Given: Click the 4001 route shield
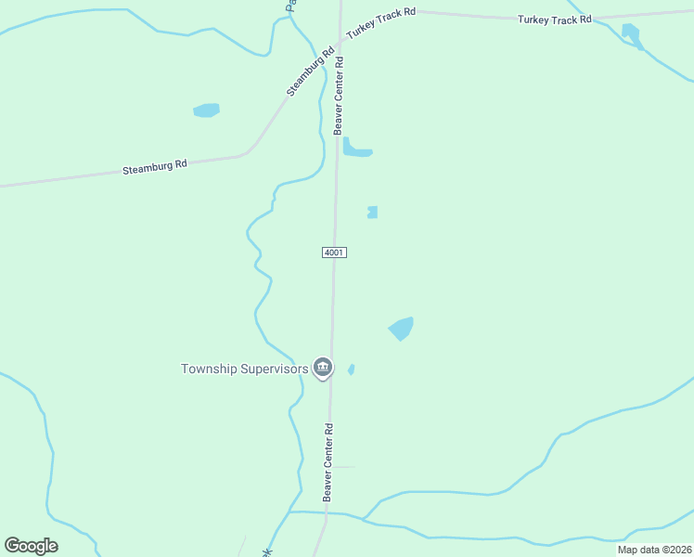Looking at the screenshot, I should click(x=335, y=253).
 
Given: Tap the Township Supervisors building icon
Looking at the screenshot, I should click(x=322, y=369).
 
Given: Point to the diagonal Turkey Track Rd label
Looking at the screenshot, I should click(x=380, y=25).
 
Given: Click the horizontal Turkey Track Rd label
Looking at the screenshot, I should click(x=554, y=19).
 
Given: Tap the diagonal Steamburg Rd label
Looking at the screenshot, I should click(x=310, y=71).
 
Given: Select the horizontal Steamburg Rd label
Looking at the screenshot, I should click(x=155, y=167).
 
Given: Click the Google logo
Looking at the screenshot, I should click(x=31, y=546).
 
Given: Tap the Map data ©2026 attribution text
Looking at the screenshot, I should click(x=653, y=550).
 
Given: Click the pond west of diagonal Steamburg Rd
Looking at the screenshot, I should click(x=206, y=110).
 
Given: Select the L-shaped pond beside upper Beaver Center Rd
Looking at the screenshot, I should click(x=355, y=149).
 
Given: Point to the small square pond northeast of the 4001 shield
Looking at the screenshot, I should click(x=372, y=212).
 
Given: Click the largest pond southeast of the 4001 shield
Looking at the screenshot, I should click(x=401, y=328).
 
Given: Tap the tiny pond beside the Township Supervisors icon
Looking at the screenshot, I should click(x=351, y=369).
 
